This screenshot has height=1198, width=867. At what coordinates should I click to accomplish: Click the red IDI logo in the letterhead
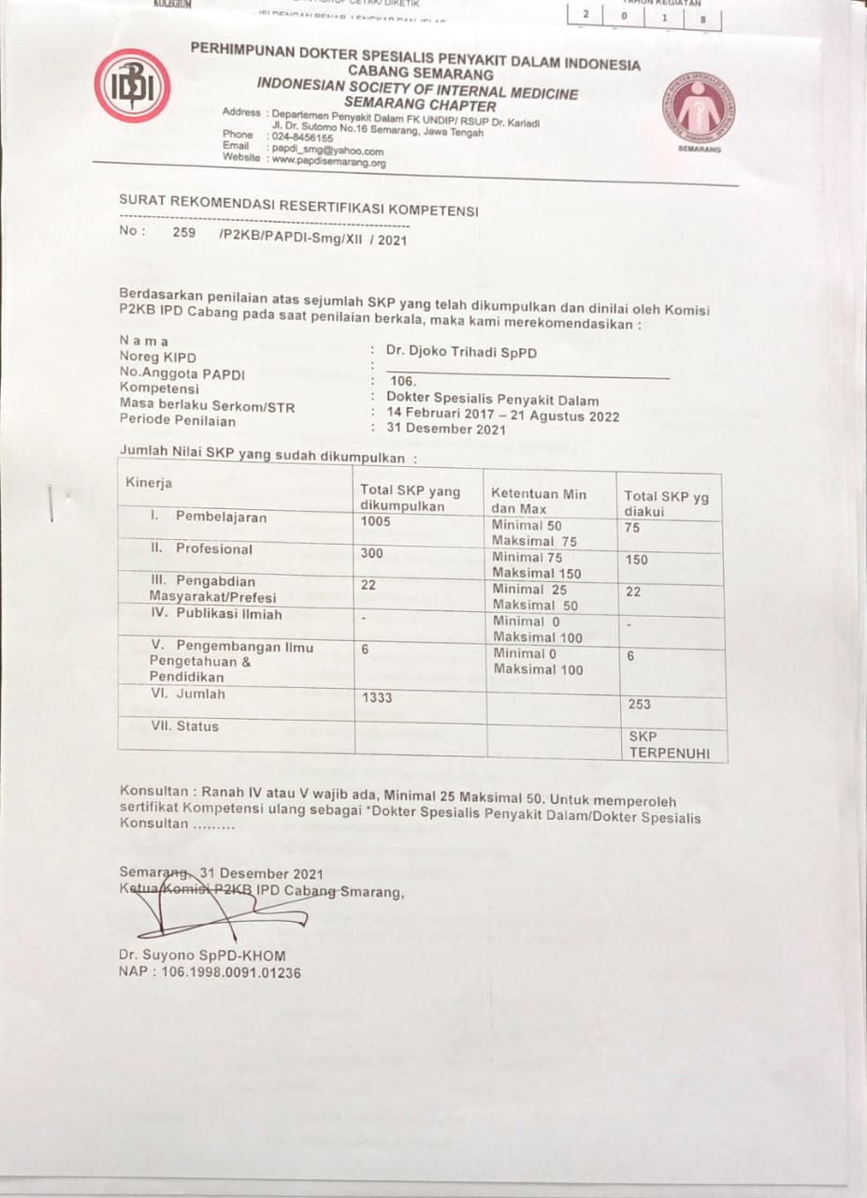132,86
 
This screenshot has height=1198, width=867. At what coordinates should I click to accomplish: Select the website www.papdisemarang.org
328,161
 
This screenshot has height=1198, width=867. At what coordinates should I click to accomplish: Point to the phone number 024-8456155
302,138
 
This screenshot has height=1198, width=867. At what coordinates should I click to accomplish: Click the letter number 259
184,233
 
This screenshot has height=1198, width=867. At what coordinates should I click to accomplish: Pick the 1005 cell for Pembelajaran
376,521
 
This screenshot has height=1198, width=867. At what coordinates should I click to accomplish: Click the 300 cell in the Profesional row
372,553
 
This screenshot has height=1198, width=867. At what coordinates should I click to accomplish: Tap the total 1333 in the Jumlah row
377,697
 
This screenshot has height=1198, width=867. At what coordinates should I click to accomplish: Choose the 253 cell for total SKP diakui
640,704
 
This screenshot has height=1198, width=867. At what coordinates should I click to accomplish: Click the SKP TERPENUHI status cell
670,745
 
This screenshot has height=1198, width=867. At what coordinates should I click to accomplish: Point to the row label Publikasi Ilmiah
216,614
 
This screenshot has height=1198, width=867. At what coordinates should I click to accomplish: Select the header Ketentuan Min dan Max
538,501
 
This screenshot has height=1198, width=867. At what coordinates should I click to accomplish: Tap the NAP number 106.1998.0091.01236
210,972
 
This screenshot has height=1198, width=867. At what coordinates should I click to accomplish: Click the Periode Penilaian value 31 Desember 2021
445,430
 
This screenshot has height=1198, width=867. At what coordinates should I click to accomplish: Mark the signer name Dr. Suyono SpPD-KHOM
202,956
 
